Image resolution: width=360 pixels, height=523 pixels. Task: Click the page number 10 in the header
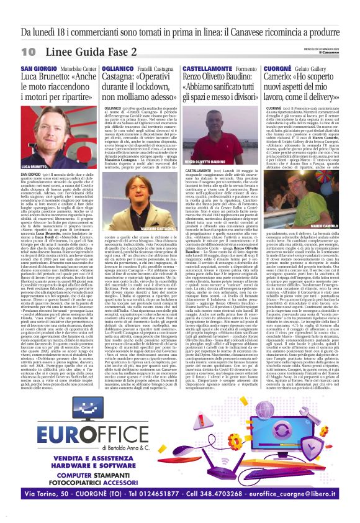28,50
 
